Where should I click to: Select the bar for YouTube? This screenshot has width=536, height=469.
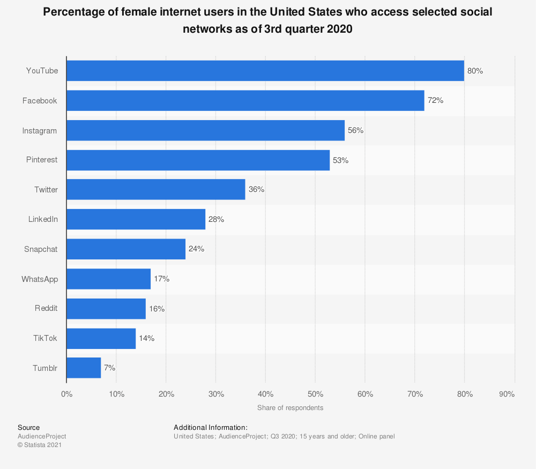coord(265,71)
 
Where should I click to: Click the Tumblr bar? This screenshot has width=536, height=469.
coord(84,368)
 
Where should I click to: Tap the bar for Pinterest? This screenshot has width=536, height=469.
coord(198,160)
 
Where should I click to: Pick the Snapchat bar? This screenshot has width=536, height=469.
coord(126,249)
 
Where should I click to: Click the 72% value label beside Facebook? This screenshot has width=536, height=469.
coord(435,100)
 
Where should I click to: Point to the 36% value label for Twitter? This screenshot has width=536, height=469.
coord(256,190)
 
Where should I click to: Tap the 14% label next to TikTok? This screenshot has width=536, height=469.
coord(146,338)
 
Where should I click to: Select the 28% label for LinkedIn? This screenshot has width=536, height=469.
coord(216,219)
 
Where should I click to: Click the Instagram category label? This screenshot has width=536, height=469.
coord(40,130)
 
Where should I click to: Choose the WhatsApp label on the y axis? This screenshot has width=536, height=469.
coord(40,279)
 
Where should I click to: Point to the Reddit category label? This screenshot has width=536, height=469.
coord(46,309)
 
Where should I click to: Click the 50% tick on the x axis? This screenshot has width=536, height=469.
coord(315,394)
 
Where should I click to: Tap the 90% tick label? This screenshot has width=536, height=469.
coord(507,394)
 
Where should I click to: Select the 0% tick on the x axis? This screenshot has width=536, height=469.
coord(66,394)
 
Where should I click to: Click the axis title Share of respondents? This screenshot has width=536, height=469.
coord(290,408)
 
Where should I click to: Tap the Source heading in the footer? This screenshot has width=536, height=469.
coord(28,427)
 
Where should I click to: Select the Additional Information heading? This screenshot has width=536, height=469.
coord(210,427)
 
